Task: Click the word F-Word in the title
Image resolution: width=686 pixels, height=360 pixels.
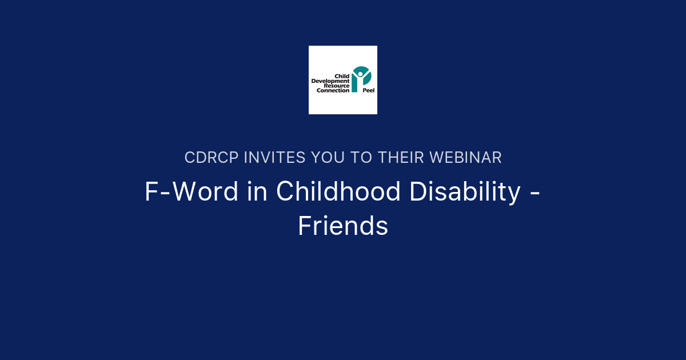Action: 191,192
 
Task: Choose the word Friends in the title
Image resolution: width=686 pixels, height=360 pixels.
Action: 343,226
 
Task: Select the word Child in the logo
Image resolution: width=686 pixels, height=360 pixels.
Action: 342,76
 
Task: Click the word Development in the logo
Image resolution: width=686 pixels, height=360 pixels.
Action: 330,81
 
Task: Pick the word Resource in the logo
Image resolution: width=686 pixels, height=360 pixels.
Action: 337,86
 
